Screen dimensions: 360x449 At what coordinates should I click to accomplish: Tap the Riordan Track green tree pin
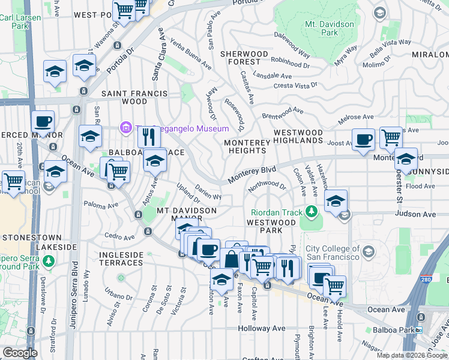(311, 211)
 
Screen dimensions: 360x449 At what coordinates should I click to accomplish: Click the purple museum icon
(126, 128)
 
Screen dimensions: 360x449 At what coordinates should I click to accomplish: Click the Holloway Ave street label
(261, 328)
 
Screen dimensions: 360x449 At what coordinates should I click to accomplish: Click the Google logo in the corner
(19, 353)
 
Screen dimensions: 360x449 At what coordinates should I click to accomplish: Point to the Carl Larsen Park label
(14, 22)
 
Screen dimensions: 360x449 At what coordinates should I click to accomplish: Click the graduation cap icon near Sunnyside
(406, 160)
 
